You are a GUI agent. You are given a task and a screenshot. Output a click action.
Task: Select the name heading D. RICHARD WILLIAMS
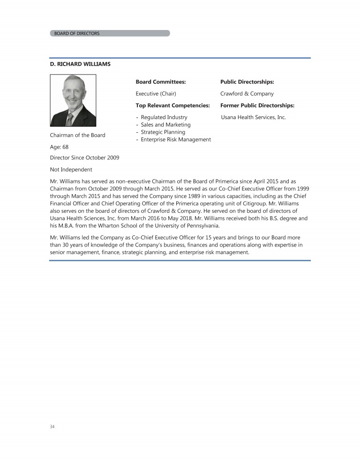[x=80, y=64]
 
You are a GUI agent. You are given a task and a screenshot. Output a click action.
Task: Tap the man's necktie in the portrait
[x=69, y=119]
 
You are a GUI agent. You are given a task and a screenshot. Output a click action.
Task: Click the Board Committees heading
[x=160, y=82]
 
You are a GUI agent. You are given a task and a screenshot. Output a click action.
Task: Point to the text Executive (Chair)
[x=156, y=94]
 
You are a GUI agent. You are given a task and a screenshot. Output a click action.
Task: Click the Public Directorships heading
[x=247, y=82]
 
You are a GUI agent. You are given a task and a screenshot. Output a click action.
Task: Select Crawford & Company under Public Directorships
[x=247, y=94]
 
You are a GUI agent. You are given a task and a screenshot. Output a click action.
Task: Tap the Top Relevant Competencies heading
[x=172, y=106]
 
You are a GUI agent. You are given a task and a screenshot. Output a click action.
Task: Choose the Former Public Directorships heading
[x=257, y=106]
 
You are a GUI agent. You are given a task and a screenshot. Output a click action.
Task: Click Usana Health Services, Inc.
[x=253, y=117]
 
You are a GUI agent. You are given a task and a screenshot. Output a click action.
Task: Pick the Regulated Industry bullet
[x=164, y=117]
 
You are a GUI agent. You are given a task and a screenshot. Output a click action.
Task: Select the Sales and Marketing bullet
[x=165, y=125]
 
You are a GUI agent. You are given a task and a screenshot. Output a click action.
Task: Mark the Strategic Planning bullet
[x=163, y=132]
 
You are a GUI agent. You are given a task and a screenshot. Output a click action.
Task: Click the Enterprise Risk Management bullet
[x=175, y=140]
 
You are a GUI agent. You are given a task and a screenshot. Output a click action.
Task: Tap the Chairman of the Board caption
[x=78, y=135]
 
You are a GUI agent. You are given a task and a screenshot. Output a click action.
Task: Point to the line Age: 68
[x=60, y=146]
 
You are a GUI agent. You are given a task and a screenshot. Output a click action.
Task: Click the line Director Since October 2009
[x=84, y=158]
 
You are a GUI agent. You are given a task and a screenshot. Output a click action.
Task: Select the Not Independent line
[x=71, y=169]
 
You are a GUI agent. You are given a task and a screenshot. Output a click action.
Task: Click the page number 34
[x=52, y=427]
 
